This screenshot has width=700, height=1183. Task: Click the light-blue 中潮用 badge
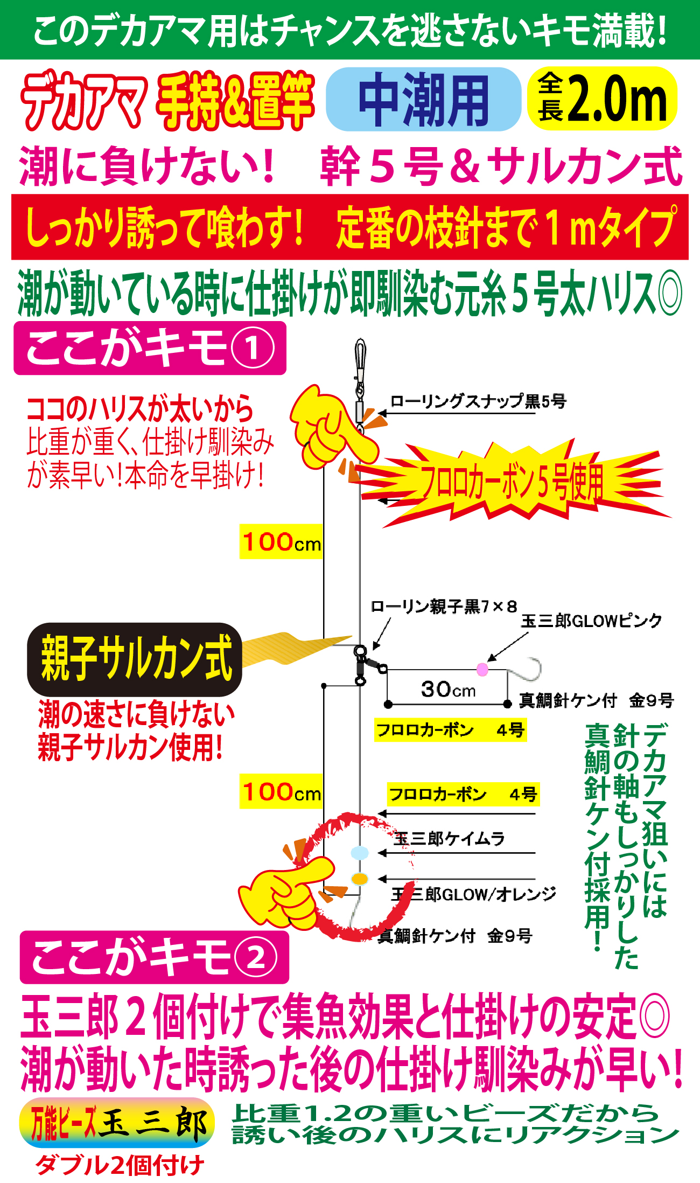click(x=423, y=100)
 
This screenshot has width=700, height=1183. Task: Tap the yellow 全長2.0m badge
click(x=603, y=99)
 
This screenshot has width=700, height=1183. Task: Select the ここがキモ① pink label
click(x=150, y=349)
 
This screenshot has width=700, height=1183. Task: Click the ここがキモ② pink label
click(x=154, y=957)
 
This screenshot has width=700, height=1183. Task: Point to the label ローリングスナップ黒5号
click(x=478, y=401)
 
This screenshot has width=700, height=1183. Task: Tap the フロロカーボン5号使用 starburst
click(x=512, y=482)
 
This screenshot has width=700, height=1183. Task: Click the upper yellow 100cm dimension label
click(x=282, y=542)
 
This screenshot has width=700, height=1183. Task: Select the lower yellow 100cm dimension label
click(x=282, y=792)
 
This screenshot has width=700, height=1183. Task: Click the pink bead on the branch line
click(x=482, y=670)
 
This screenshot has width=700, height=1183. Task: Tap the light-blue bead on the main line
click(x=359, y=853)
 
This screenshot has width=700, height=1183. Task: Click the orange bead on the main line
click(x=359, y=879)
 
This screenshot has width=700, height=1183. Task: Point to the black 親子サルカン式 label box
click(x=135, y=659)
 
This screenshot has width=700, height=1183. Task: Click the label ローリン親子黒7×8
click(x=444, y=607)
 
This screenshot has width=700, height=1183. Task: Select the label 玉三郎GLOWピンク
click(x=591, y=621)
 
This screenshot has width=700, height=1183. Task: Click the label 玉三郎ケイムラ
click(x=449, y=839)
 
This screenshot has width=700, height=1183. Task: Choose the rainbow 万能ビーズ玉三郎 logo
click(x=117, y=1123)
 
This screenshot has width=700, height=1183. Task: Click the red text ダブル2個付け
click(x=120, y=1165)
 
